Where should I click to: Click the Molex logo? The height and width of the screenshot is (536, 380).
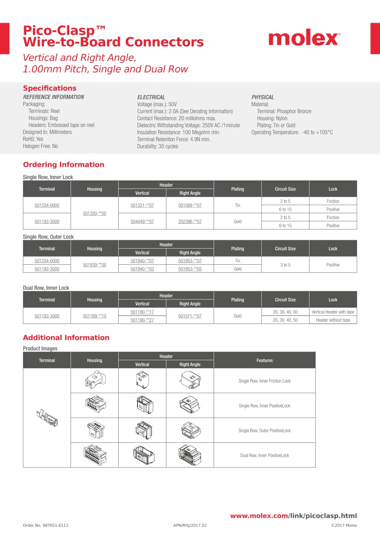[304, 39]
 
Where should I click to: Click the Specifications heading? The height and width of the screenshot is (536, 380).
[50, 88]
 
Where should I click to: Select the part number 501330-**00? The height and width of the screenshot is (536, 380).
[95, 213]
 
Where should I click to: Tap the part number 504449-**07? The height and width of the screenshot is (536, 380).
[142, 221]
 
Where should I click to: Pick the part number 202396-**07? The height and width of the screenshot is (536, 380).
[190, 221]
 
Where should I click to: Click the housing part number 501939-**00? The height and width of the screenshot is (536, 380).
[95, 265]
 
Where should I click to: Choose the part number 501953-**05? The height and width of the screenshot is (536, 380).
[190, 269]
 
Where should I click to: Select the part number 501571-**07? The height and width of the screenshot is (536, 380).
[190, 316]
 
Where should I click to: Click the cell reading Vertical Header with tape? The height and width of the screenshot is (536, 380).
[333, 312]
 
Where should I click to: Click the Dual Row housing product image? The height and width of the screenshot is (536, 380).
[95, 455]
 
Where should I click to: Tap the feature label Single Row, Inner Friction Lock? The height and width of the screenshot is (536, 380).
[264, 381]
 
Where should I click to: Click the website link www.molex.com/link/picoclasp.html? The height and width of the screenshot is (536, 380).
[293, 516]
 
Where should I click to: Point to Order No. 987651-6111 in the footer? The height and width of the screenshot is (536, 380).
[46, 525]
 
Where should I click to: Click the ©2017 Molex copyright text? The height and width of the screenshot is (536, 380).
[344, 525]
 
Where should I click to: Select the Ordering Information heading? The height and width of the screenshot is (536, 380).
[63, 165]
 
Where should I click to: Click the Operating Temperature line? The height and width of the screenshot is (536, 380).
[292, 132]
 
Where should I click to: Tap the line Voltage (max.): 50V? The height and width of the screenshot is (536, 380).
[157, 104]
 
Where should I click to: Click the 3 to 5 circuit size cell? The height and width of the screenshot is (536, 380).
[285, 265]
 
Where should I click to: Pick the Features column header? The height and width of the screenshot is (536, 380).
[264, 360]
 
